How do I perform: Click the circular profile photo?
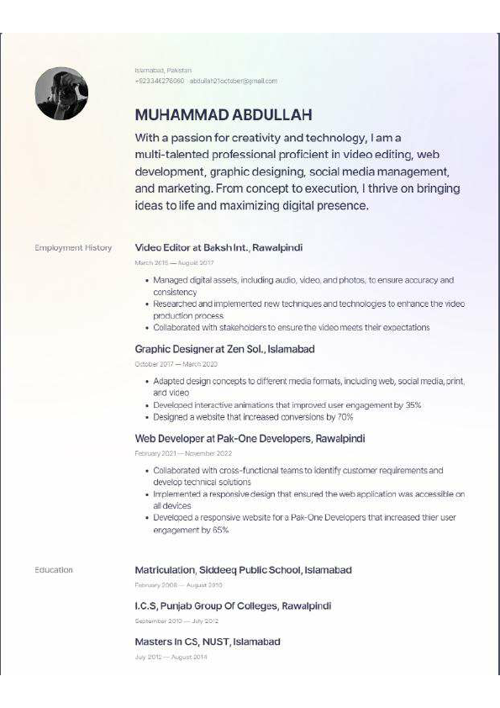coord(61,93)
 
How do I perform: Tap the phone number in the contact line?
coord(159,81)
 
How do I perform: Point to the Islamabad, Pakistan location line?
coord(163,70)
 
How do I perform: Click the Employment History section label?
coord(73,248)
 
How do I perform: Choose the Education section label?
coord(54,570)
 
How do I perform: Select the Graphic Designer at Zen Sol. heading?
coord(224,348)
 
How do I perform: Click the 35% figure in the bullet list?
coord(413,405)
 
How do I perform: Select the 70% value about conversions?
coord(345,417)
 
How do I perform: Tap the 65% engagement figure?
coord(220,531)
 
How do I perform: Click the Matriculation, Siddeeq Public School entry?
coord(243,570)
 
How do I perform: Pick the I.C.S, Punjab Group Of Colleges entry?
coord(233,605)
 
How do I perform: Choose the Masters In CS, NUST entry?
coord(207,642)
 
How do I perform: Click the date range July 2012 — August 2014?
coord(171,657)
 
